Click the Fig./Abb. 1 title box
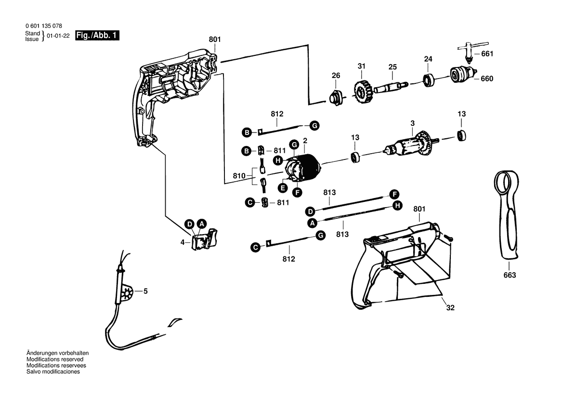pyautogui.click(x=97, y=36)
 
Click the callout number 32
pyautogui.click(x=450, y=307)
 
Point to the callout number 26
pyautogui.click(x=336, y=76)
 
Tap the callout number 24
pyautogui.click(x=428, y=59)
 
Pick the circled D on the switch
pyautogui.click(x=190, y=224)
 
